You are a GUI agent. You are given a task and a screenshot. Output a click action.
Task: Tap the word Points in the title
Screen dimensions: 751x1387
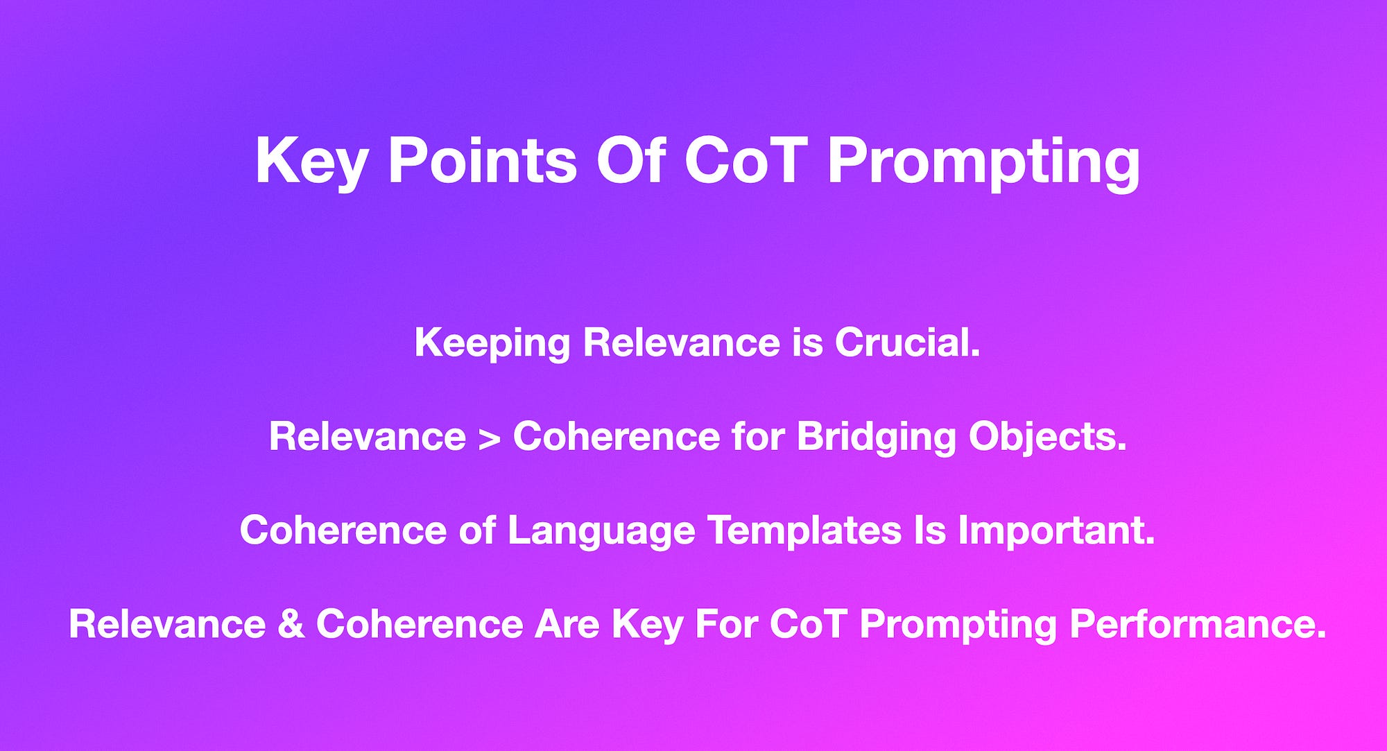pos(482,161)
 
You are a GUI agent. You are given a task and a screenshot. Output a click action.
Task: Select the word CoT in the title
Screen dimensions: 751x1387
pos(746,161)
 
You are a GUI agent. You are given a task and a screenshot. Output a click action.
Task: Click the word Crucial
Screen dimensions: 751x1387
pos(907,343)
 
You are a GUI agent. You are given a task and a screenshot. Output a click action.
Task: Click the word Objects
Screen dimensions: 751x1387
pos(1047,438)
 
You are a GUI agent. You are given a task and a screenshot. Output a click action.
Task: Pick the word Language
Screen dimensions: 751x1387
pos(601,531)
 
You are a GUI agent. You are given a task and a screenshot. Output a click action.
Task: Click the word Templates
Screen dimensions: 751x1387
pos(804,531)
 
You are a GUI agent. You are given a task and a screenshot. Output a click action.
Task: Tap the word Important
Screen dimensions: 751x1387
pos(1056,530)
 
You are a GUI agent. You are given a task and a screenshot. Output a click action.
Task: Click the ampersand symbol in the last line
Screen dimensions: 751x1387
pos(291,624)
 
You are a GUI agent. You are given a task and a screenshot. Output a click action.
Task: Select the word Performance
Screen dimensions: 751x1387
pos(1197,624)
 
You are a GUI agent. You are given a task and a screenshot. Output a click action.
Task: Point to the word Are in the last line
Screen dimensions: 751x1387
pos(567,624)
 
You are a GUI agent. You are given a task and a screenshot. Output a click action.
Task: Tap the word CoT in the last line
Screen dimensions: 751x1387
pos(808,624)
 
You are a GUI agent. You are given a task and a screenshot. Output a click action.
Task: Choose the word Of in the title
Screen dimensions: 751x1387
pos(631,161)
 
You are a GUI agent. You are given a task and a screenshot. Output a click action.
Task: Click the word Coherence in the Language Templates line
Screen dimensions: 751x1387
pos(343,531)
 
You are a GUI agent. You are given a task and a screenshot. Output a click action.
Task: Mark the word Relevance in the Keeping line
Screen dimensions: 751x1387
pos(681,343)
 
